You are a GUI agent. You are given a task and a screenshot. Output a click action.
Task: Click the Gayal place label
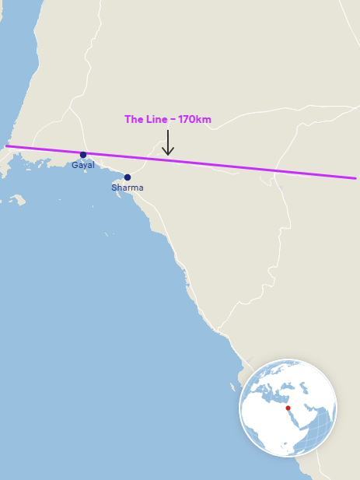click(x=83, y=165)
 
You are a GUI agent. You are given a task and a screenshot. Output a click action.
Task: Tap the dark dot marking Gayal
click(x=83, y=155)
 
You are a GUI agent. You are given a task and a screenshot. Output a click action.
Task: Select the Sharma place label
click(x=128, y=187)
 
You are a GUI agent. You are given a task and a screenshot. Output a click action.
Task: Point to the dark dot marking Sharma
click(x=128, y=177)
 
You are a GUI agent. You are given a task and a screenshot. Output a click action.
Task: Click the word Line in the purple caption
click(x=156, y=120)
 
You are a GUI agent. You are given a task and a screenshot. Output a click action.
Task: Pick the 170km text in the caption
click(x=194, y=120)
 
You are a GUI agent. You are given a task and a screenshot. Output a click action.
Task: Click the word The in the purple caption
click(x=134, y=120)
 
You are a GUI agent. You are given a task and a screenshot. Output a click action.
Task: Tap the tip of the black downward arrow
click(x=168, y=154)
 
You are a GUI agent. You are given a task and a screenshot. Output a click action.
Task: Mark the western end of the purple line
click(x=7, y=145)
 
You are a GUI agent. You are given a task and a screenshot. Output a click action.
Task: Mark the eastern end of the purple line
click(x=355, y=178)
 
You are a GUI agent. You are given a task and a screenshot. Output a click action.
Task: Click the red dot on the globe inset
click(x=288, y=408)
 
